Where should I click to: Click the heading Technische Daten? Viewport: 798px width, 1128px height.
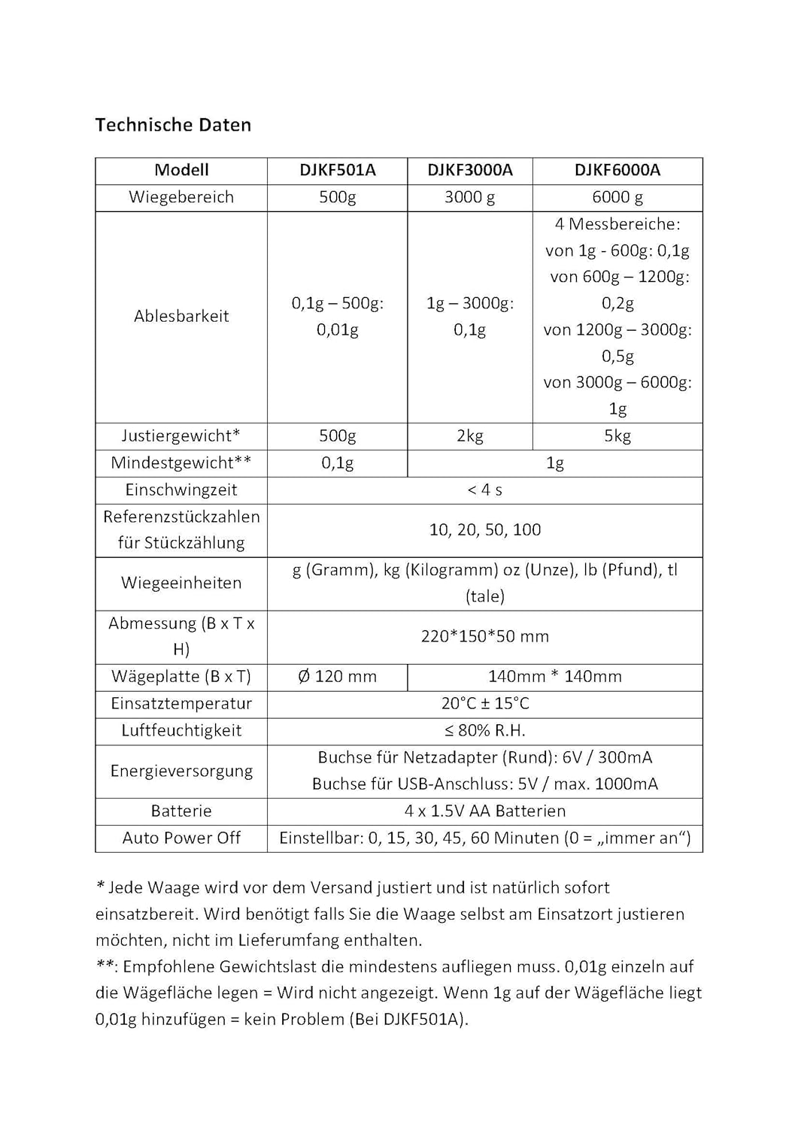point(173,125)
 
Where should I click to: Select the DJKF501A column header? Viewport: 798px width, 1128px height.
point(337,171)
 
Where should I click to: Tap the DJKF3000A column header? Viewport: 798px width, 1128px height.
point(470,171)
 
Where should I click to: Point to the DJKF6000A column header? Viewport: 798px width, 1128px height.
point(617,171)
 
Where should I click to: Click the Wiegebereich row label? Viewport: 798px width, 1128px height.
point(181,198)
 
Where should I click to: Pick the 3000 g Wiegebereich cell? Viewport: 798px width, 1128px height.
point(470,198)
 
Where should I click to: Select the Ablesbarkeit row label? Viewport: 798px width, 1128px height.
point(181,317)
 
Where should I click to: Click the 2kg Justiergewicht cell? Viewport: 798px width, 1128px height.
point(470,436)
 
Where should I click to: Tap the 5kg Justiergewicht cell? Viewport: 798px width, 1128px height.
point(617,436)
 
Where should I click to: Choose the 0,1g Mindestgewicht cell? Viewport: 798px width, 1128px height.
point(337,463)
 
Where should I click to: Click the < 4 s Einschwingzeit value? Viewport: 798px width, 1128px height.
point(485,490)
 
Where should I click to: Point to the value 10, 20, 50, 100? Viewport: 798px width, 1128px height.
point(485,530)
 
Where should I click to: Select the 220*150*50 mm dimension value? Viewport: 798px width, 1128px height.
point(485,637)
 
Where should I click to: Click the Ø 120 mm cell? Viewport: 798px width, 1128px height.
point(337,677)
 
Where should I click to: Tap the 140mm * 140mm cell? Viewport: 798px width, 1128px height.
point(555,677)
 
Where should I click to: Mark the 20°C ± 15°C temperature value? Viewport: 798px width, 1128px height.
point(485,704)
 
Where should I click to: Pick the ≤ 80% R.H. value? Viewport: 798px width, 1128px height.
point(485,731)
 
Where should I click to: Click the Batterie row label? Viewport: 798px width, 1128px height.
point(181,811)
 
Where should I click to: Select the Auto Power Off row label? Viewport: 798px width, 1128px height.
point(181,838)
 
